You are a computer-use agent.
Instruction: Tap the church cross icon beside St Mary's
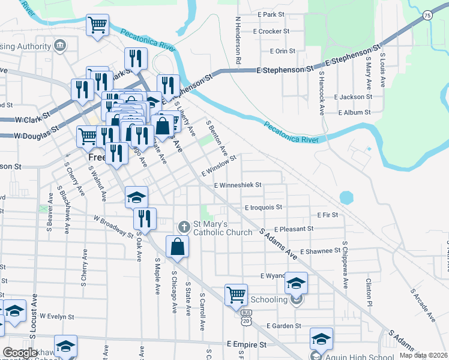(185, 226)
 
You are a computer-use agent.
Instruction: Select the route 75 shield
(427, 15)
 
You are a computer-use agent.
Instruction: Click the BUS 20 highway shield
(246, 317)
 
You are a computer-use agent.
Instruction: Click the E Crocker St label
(271, 31)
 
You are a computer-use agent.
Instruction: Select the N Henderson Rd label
(238, 41)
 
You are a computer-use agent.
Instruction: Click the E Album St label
(354, 112)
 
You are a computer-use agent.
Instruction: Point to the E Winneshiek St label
(238, 185)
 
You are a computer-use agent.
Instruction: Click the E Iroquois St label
(264, 207)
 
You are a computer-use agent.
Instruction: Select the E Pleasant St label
(294, 229)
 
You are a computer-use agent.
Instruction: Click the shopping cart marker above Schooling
(237, 295)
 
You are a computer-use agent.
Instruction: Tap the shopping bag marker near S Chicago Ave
(178, 247)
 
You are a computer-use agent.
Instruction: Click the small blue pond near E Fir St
(346, 197)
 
